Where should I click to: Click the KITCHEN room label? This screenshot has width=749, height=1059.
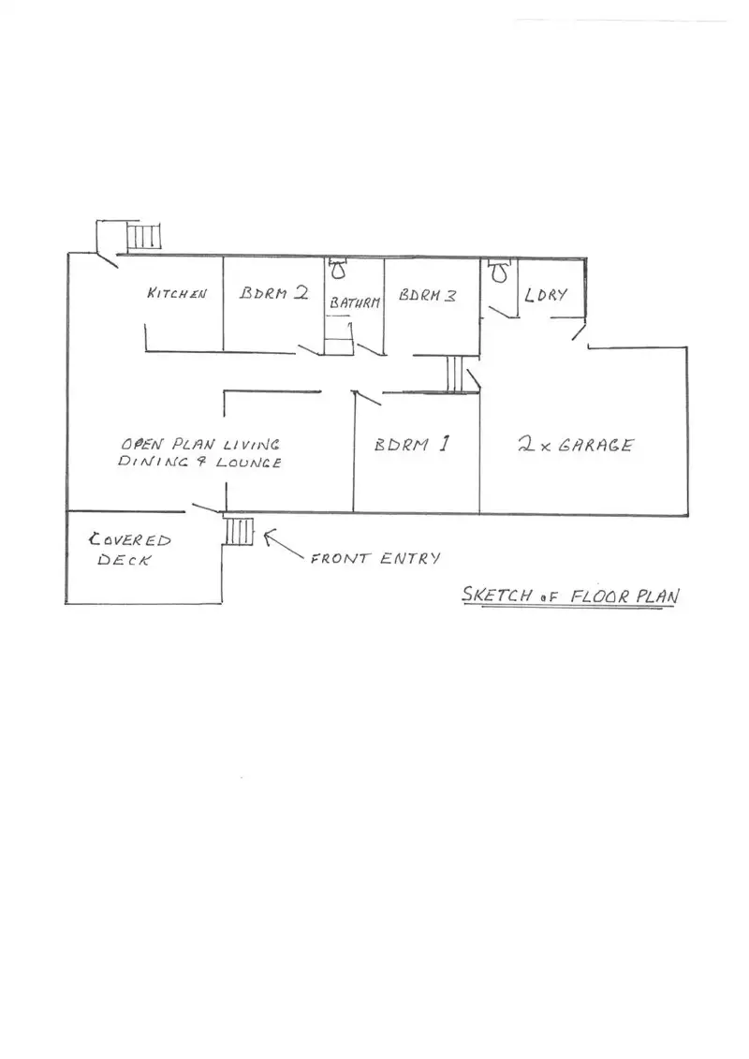(176, 293)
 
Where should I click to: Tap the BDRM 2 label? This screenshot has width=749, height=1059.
(274, 292)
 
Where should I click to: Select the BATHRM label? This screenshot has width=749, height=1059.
(355, 303)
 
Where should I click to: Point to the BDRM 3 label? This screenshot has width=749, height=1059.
(428, 295)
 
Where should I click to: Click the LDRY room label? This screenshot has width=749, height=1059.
(547, 295)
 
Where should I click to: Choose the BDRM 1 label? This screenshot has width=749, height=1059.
(413, 445)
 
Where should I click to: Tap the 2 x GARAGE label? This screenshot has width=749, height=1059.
(575, 445)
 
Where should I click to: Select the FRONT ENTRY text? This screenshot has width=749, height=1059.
(374, 559)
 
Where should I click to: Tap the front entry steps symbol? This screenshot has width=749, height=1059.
(239, 531)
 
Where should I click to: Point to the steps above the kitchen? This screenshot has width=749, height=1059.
(144, 235)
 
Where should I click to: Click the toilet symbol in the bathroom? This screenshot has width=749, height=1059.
(338, 270)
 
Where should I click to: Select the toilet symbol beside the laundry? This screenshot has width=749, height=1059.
(499, 271)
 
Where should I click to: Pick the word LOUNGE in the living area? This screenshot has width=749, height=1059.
(249, 463)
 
